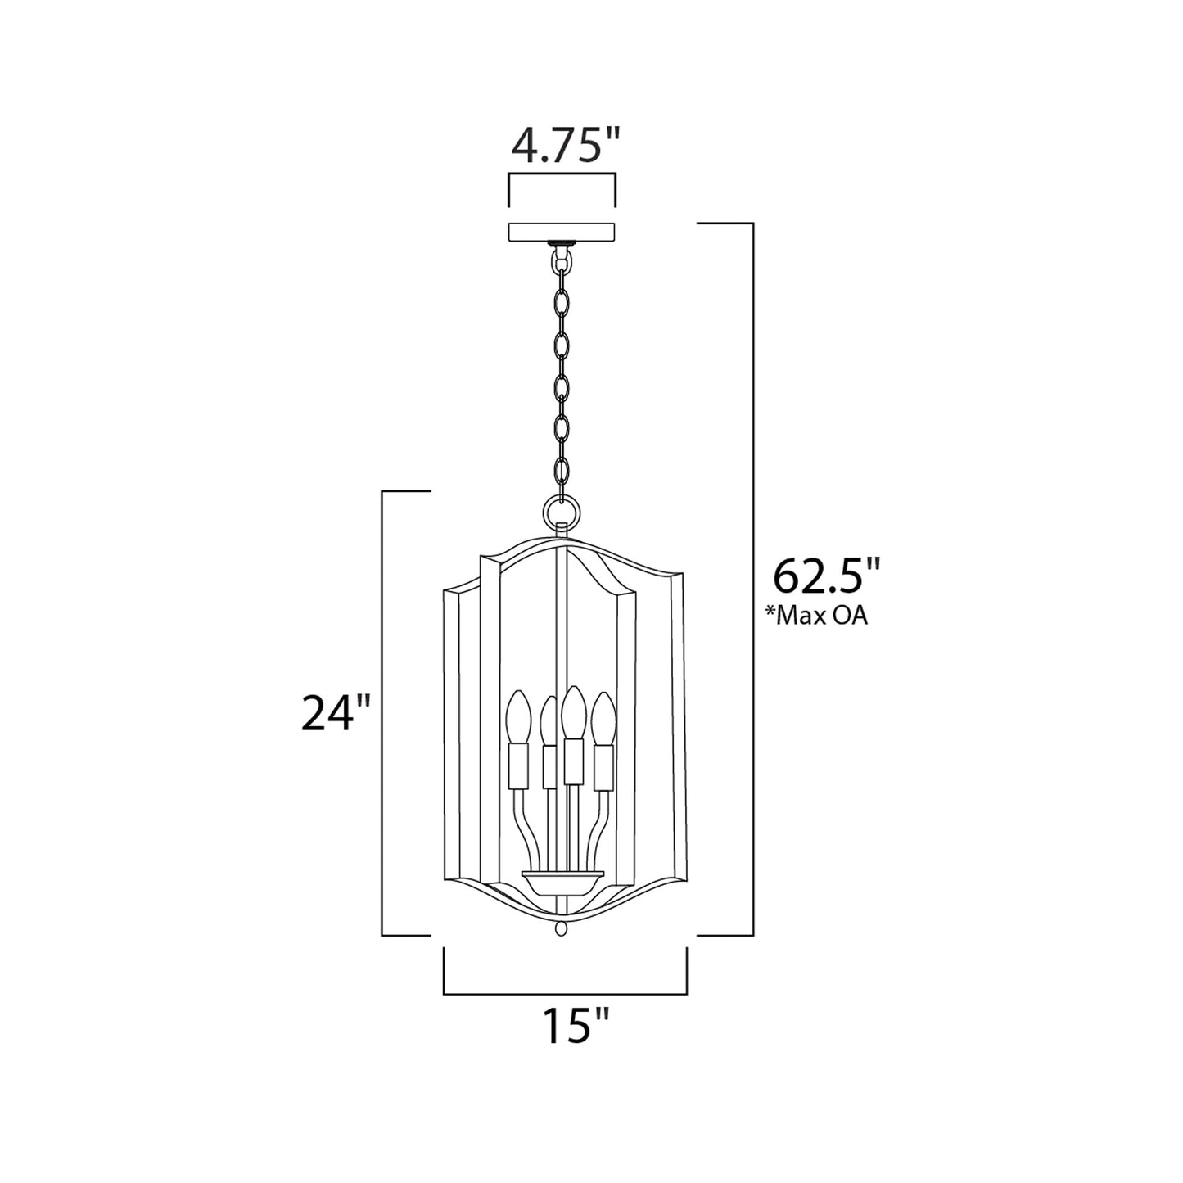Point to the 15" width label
(576, 1025)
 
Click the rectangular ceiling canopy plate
(562, 232)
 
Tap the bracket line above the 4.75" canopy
(562, 174)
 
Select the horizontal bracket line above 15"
(565, 994)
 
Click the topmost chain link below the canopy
(562, 260)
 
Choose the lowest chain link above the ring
(562, 472)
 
